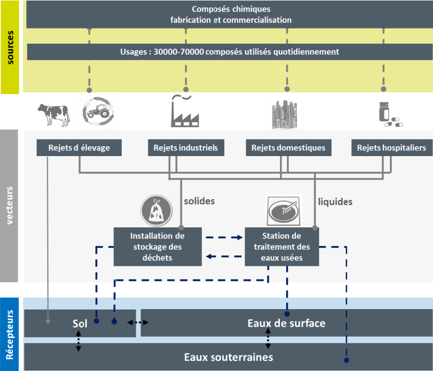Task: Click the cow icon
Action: pos(53,114)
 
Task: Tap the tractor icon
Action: pos(98,111)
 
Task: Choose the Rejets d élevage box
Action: pos(80,148)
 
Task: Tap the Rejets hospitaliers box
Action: pos(391,148)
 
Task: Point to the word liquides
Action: pos(335,201)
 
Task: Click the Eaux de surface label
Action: pos(286,324)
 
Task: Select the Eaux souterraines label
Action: pos(228,357)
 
